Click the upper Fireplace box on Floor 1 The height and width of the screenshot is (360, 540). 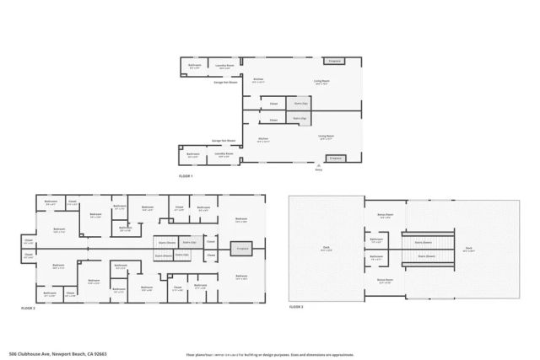334,61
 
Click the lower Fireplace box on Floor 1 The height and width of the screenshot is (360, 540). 334,158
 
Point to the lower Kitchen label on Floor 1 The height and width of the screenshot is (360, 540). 263,139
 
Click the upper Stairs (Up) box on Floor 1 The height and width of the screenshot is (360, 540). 297,104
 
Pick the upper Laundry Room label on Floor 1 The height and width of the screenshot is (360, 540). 224,69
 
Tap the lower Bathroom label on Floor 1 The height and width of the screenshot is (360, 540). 193,154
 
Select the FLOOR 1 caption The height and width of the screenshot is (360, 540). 186,175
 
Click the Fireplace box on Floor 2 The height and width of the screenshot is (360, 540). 243,249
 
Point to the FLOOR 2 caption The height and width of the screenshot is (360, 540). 29,309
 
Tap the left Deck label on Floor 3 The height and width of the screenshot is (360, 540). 326,249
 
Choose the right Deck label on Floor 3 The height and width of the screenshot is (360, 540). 468,249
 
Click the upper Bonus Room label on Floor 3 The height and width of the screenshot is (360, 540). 386,215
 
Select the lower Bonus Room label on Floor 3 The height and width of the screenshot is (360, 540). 386,282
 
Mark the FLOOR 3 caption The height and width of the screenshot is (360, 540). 296,309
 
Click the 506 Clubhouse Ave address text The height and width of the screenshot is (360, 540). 59,353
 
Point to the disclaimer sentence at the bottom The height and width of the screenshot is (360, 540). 270,353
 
